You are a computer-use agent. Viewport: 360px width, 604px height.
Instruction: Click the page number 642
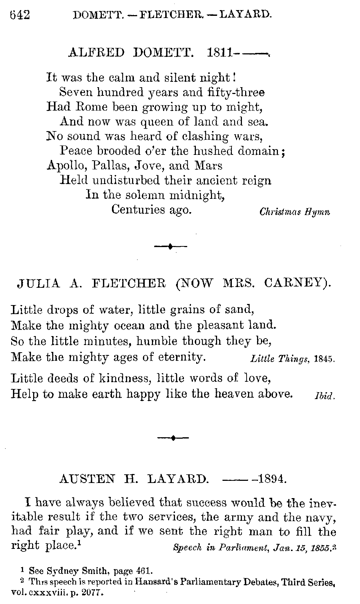click(x=19, y=15)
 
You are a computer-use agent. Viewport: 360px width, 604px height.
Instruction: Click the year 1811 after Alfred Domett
click(x=220, y=53)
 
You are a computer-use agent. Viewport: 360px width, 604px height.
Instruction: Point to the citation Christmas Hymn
click(x=294, y=212)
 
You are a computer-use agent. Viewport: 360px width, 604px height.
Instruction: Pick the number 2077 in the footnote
click(x=90, y=592)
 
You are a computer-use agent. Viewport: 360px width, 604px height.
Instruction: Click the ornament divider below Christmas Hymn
click(x=170, y=247)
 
